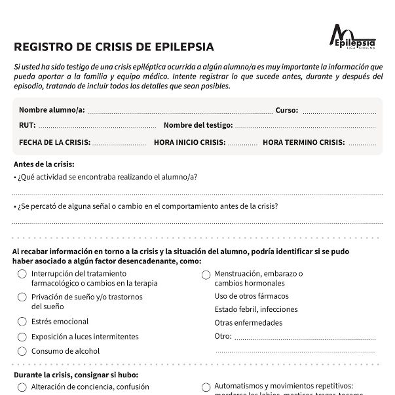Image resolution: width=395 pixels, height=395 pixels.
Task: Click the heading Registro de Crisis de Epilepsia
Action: pyautogui.click(x=113, y=47)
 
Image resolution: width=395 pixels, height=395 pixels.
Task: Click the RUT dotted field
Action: pyautogui.click(x=97, y=126)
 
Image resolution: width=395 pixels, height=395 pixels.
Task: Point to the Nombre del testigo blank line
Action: pyautogui.click(x=305, y=126)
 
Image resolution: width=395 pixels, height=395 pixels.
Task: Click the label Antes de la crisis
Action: pyautogui.click(x=44, y=164)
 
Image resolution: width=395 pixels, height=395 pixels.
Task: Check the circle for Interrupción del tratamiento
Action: pyautogui.click(x=22, y=274)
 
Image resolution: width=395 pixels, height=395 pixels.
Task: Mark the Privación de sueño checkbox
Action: pyautogui.click(x=22, y=297)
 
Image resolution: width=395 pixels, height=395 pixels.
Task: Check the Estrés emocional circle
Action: pyautogui.click(x=22, y=322)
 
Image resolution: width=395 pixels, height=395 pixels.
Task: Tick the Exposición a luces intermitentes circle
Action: pyautogui.click(x=22, y=337)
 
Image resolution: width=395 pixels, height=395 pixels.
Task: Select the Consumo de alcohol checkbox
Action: pyautogui.click(x=22, y=351)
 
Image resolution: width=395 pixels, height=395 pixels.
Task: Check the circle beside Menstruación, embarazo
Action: pyautogui.click(x=206, y=274)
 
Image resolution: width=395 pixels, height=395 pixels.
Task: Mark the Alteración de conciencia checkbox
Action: pyautogui.click(x=22, y=387)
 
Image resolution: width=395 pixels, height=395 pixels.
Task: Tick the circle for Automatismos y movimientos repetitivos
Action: pyautogui.click(x=206, y=387)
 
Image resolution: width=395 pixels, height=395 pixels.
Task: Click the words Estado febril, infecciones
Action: pyautogui.click(x=256, y=309)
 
